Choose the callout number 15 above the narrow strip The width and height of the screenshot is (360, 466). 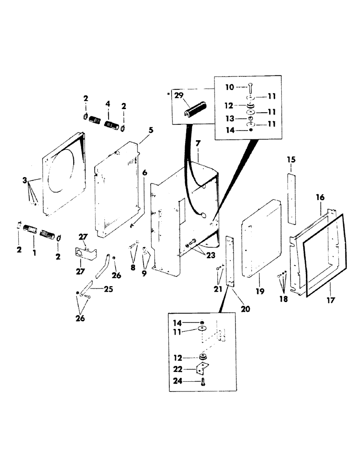[291, 160]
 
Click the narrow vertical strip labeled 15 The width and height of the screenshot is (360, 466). [291, 199]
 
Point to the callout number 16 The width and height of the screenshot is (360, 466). [320, 198]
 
